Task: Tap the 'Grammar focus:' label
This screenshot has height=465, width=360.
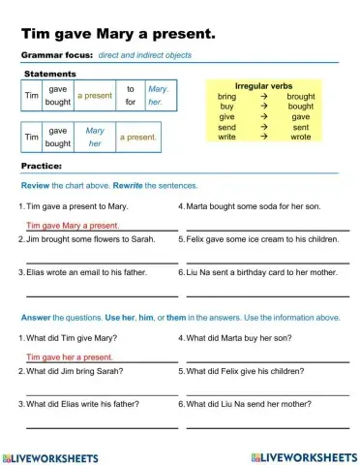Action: tap(56, 55)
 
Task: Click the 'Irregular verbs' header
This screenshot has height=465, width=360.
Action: tap(263, 86)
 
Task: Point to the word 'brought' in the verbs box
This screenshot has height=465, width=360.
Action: tap(301, 97)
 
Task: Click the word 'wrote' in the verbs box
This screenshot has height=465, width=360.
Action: tap(301, 137)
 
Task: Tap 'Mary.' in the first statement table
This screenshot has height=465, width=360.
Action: tap(158, 89)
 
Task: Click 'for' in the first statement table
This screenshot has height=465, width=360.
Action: tap(130, 101)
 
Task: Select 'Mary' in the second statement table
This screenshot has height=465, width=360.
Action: tap(95, 131)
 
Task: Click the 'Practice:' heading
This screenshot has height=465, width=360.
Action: tap(42, 167)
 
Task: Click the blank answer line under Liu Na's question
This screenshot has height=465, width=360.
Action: tap(267, 425)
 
